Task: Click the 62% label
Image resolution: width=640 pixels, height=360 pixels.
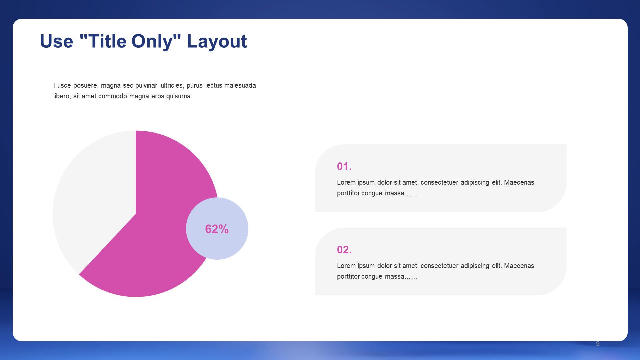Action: [217, 229]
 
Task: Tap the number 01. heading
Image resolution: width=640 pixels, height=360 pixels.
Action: [344, 166]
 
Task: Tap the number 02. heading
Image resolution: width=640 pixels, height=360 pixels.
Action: [344, 250]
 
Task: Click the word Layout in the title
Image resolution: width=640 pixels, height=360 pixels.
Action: [217, 42]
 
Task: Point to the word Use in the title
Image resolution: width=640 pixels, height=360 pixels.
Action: [56, 42]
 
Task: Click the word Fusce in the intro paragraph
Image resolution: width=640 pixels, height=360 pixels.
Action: [62, 85]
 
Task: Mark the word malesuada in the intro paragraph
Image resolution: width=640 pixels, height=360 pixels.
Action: [240, 85]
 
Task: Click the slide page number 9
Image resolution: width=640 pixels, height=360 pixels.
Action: [598, 343]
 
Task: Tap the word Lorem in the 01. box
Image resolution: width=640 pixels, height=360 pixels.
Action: [346, 182]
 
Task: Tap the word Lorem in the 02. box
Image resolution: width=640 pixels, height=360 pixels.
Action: [346, 266]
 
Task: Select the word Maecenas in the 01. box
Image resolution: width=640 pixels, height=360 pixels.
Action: [519, 182]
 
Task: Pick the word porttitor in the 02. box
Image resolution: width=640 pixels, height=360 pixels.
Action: [348, 276]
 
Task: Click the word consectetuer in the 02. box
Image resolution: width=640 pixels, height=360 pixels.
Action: [439, 266]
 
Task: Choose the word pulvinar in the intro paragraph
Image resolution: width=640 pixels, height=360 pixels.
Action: [146, 85]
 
